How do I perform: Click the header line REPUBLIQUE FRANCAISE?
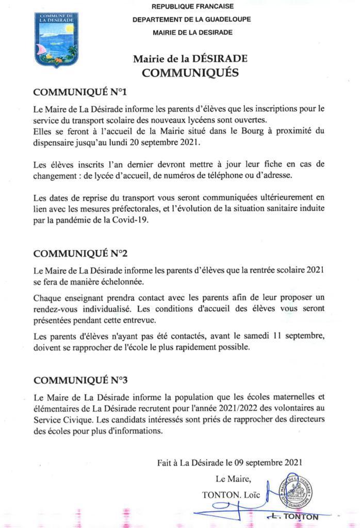pos(192,7)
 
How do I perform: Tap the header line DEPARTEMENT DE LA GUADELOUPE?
pos(191,20)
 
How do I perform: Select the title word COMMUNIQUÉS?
pos(190,72)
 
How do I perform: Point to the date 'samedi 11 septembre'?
pos(271,337)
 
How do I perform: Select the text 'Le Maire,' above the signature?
pos(234,480)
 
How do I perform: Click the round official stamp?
pos(296,492)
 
